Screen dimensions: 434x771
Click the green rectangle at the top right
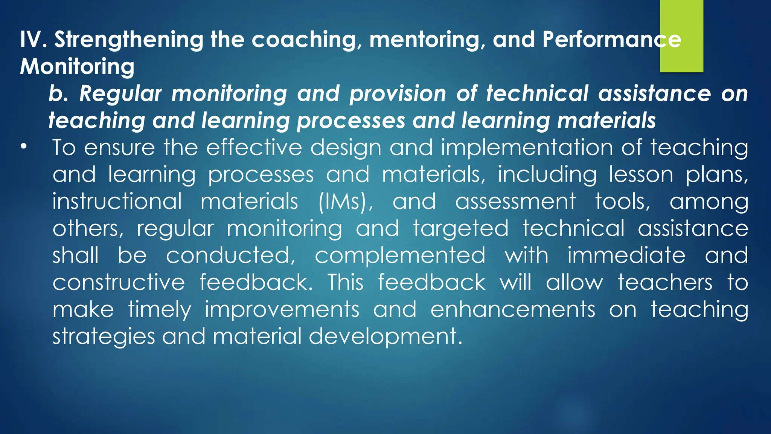pyautogui.click(x=681, y=36)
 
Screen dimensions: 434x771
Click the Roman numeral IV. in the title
pyautogui.click(x=33, y=39)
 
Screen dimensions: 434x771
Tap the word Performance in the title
pyautogui.click(x=612, y=39)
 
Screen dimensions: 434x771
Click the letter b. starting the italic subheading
pyautogui.click(x=58, y=93)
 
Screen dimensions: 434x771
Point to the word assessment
pyautogui.click(x=515, y=202)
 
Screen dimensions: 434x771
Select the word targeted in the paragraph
pyautogui.click(x=461, y=229)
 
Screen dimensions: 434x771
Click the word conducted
pyautogui.click(x=231, y=255)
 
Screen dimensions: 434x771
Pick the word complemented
pyautogui.click(x=400, y=256)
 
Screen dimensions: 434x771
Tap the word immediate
pyautogui.click(x=626, y=255)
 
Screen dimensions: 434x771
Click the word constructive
pyautogui.click(x=119, y=283)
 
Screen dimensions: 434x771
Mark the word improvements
pyautogui.click(x=282, y=310)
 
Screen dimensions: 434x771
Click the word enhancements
pyautogui.click(x=513, y=310)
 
